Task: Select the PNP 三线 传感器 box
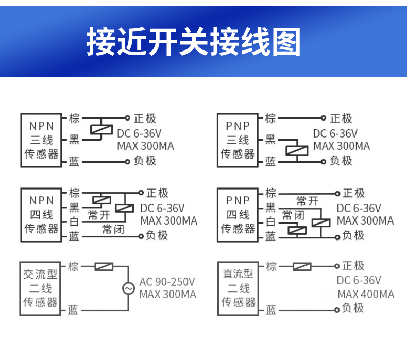click(238, 140)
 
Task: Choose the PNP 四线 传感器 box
click(238, 214)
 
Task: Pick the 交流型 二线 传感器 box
click(41, 288)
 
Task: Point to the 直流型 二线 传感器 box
click(238, 288)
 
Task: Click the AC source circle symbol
click(128, 289)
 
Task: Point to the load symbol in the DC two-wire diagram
click(301, 266)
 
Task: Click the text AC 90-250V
click(167, 282)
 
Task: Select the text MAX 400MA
click(366, 294)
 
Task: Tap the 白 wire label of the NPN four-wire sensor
click(74, 222)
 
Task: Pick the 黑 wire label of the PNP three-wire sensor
click(270, 140)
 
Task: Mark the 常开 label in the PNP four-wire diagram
click(307, 201)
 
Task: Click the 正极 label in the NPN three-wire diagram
click(145, 118)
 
